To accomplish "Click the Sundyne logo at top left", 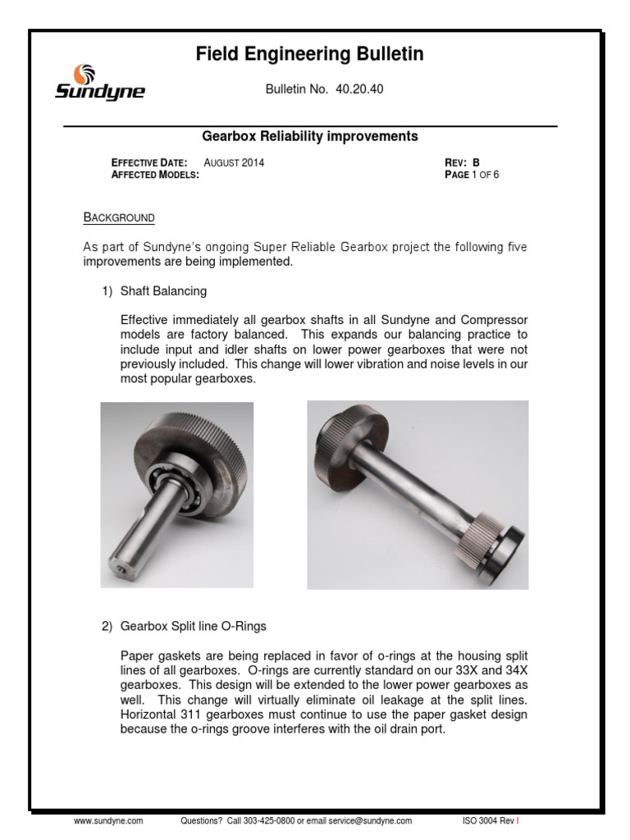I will (99, 82).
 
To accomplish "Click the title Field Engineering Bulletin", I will (309, 55).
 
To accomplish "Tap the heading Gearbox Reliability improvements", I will (310, 135).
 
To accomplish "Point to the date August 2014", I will (234, 162).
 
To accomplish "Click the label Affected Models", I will (155, 175).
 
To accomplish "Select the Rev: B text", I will (461, 162).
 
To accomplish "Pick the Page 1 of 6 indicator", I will (472, 175).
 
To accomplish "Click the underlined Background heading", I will (119, 217).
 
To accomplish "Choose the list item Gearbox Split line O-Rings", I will (193, 626).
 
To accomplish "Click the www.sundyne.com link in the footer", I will (109, 819).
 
